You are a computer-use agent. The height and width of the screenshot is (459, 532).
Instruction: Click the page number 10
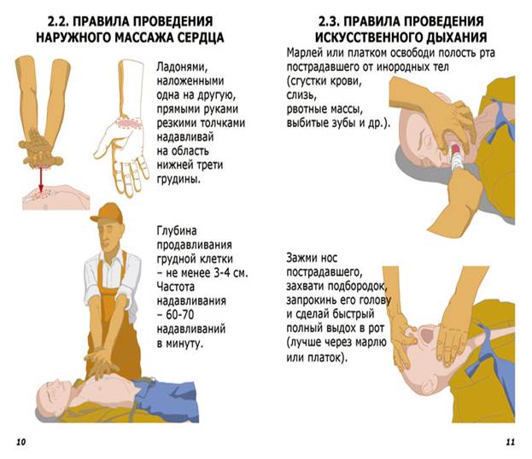click(20, 442)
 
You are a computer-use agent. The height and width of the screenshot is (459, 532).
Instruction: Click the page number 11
click(511, 442)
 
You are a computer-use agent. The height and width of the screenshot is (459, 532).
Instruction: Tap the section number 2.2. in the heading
click(58, 21)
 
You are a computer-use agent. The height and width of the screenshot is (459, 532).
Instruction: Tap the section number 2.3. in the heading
click(330, 21)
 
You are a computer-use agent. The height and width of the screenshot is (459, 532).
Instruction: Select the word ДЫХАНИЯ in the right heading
click(457, 38)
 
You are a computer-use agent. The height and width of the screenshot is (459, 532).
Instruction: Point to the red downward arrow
click(41, 180)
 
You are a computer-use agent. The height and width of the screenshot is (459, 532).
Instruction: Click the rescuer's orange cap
click(108, 213)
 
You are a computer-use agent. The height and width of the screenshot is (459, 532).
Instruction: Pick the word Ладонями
click(182, 67)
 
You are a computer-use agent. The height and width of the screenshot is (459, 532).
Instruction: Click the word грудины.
click(178, 179)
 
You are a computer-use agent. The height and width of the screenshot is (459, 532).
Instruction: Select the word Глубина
click(177, 231)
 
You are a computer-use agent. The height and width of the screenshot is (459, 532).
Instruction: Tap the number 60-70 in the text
click(180, 315)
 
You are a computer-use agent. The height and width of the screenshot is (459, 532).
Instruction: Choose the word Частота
click(176, 288)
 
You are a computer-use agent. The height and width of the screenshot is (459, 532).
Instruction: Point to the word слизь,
click(301, 96)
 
